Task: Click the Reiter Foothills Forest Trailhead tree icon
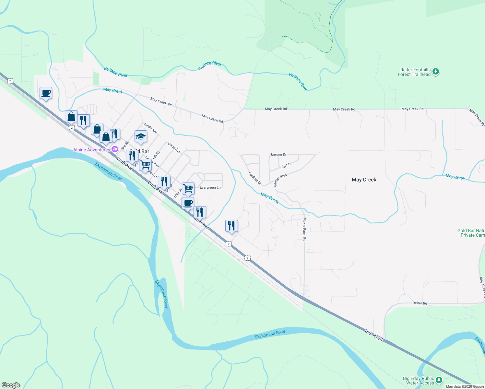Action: point(436,72)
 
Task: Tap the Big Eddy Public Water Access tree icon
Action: point(439,380)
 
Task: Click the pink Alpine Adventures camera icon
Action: point(114,149)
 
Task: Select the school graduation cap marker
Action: point(141,137)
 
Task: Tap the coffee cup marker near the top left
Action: point(46,93)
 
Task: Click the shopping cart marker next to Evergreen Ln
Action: point(188,188)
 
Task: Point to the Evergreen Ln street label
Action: point(210,188)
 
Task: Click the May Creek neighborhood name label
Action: point(364,180)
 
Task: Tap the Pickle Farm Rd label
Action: point(304,229)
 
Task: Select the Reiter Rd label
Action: point(420,303)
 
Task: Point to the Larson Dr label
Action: point(278,154)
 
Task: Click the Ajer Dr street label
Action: point(287,165)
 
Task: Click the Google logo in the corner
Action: point(11,385)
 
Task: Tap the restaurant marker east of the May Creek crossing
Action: point(231,226)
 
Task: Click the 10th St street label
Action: point(177,194)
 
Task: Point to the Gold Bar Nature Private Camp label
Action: point(471,233)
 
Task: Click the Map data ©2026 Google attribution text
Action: point(465,386)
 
